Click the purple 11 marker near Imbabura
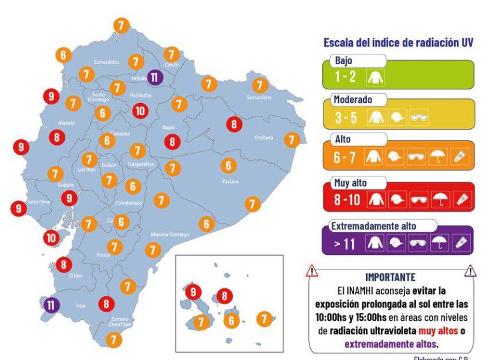point(155,77)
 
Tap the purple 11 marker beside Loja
point(51,305)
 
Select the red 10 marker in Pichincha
point(140,110)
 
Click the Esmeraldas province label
point(107,62)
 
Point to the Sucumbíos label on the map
point(259,97)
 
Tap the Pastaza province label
point(230,181)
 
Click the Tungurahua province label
point(141,164)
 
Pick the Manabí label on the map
point(65,122)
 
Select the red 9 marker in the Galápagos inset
point(193,293)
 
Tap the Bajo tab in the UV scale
point(345,61)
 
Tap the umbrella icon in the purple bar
point(440,242)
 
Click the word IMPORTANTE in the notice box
point(391,278)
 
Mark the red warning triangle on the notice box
point(312,272)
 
